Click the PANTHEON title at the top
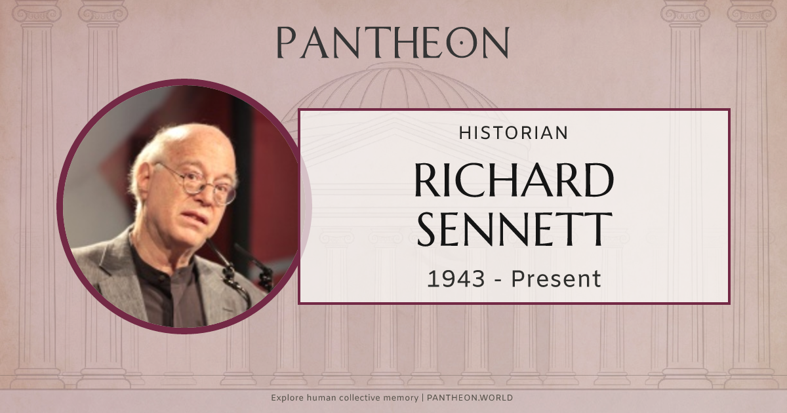(x=392, y=43)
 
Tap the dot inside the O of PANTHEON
(x=462, y=43)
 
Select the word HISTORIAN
(x=514, y=132)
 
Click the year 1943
(x=456, y=279)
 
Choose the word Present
(x=556, y=279)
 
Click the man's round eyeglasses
(x=197, y=183)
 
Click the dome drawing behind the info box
(x=393, y=88)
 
